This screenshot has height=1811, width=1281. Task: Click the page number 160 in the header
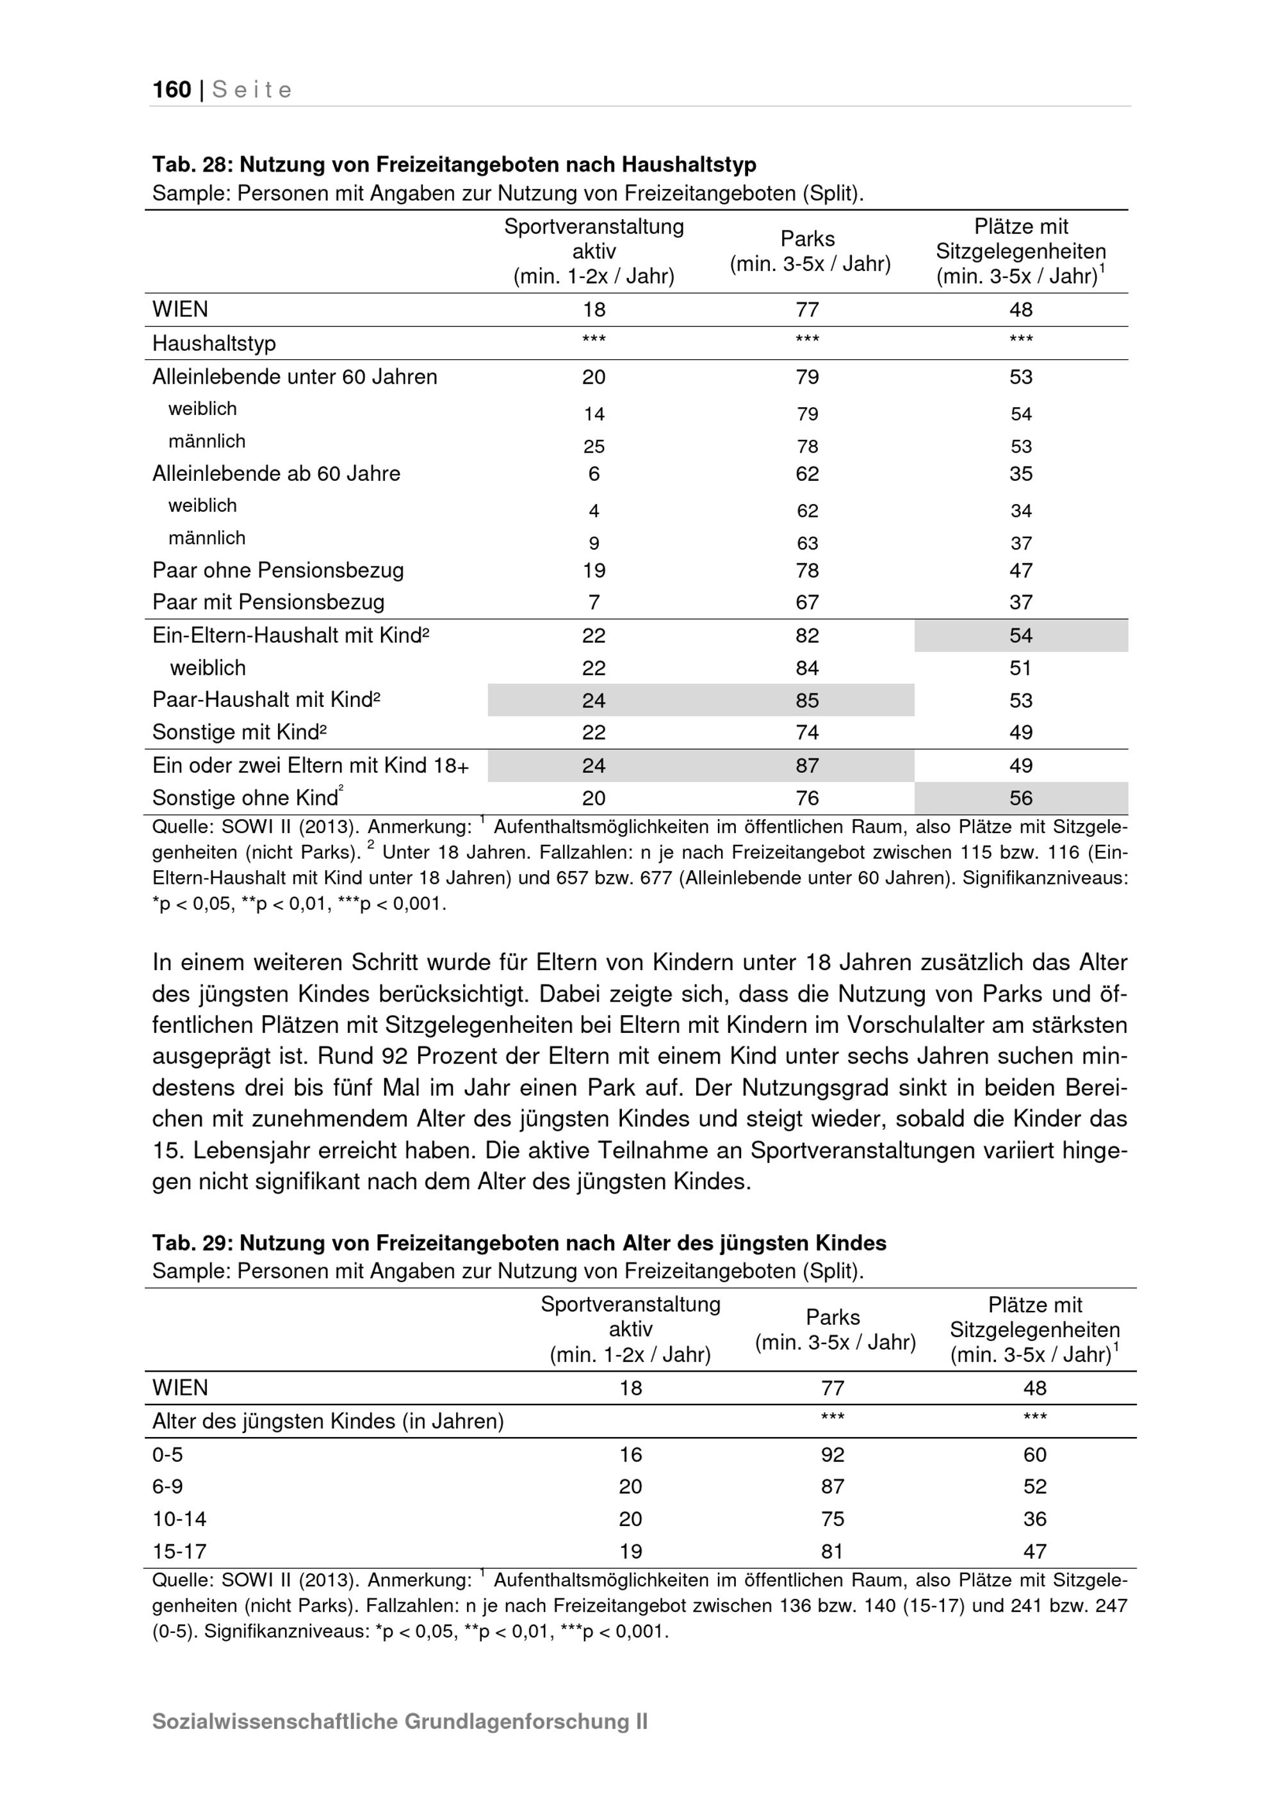tap(172, 90)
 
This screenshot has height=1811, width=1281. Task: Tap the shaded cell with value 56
tap(1021, 798)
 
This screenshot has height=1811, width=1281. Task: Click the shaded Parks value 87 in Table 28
tap(807, 766)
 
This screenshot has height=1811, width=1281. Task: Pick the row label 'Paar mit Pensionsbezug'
tap(268, 603)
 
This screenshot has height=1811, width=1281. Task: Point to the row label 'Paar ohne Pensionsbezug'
tap(277, 571)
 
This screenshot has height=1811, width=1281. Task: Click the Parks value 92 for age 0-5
tap(832, 1454)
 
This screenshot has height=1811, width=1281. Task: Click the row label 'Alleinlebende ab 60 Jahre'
tap(276, 473)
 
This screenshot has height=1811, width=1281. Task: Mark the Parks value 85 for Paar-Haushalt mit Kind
tap(807, 701)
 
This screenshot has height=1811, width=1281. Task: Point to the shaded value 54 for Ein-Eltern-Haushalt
tap(1021, 636)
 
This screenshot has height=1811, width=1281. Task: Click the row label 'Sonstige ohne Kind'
tap(245, 798)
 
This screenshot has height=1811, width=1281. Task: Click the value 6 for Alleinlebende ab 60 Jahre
tap(594, 473)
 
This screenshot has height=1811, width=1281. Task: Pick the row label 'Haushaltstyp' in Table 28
tap(214, 344)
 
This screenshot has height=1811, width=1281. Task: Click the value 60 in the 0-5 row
tap(1034, 1454)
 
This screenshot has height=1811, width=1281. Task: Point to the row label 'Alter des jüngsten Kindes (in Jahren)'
tap(327, 1422)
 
